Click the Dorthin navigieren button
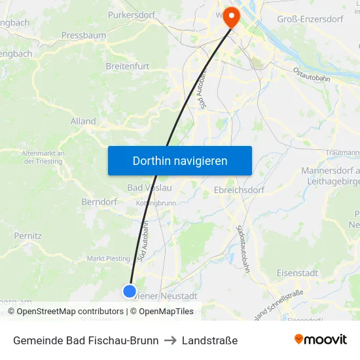tap(180, 161)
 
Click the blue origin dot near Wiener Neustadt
tap(130, 291)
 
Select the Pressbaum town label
tap(84, 35)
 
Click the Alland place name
tap(83, 121)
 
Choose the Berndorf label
tap(99, 202)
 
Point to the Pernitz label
tap(28, 236)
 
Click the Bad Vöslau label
tap(149, 189)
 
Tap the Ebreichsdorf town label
tap(242, 190)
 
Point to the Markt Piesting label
tap(109, 259)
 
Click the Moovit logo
tap(321, 340)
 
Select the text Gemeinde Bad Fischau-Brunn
tap(86, 340)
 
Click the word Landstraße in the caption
tap(209, 340)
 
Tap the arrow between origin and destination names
tap(170, 340)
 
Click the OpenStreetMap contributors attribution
tap(70, 312)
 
